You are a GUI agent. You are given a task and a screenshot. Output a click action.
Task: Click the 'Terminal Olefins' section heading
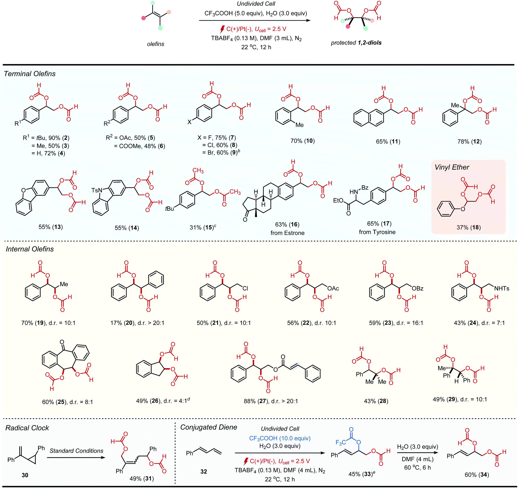(30, 74)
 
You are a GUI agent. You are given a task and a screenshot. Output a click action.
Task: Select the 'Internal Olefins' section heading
(30, 249)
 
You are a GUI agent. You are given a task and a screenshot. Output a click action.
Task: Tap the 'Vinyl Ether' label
(452, 167)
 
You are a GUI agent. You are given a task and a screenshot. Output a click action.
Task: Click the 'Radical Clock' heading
(27, 428)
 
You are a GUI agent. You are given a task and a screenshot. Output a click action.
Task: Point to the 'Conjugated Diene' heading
(208, 427)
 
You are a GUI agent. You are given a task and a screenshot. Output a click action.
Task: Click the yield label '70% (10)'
(303, 141)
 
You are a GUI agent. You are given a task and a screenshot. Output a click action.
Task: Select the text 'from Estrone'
(287, 233)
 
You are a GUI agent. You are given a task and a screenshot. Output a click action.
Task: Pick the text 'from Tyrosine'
(377, 232)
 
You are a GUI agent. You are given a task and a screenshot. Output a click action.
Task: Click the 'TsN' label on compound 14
(97, 190)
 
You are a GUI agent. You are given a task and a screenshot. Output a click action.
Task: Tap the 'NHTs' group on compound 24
(502, 289)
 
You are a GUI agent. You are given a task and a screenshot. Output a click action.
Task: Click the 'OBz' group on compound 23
(417, 289)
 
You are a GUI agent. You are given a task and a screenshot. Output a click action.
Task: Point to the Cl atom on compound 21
(245, 289)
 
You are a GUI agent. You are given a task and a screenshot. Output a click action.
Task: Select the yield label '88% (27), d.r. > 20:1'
(271, 401)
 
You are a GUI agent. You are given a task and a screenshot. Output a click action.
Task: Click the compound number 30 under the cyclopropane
(25, 475)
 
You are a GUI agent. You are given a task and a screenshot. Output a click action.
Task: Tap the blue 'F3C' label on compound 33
(341, 443)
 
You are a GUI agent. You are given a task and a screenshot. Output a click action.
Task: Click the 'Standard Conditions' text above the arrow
(76, 451)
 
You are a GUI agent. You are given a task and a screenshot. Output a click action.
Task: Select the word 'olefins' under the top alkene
(156, 44)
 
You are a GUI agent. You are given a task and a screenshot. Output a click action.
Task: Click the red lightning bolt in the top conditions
(222, 29)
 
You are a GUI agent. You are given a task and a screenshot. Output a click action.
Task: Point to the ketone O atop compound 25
(62, 342)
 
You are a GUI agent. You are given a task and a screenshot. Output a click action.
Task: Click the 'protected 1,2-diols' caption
(356, 43)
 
